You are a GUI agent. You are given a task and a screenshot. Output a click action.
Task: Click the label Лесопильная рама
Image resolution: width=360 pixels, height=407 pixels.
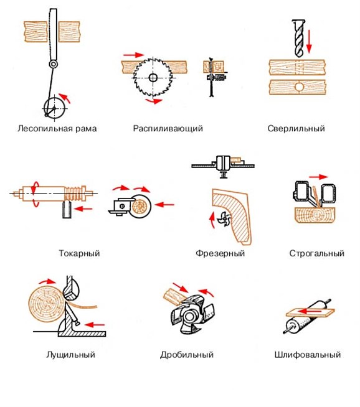tap(57, 128)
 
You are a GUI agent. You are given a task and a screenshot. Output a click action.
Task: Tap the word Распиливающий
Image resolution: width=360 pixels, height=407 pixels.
tap(168, 128)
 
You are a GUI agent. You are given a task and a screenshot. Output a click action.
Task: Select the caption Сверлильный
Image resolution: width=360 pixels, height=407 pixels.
tap(296, 128)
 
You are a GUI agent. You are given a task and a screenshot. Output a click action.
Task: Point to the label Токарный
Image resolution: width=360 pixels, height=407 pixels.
tap(79, 253)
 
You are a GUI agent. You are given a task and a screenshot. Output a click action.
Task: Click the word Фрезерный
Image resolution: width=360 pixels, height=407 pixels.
tap(220, 253)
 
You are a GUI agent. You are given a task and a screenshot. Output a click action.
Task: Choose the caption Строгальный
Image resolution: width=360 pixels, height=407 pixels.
tap(317, 253)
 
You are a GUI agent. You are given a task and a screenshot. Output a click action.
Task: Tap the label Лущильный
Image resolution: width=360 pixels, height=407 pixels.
tap(70, 355)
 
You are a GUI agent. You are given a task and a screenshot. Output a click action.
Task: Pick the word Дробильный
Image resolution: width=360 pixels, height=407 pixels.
tap(187, 355)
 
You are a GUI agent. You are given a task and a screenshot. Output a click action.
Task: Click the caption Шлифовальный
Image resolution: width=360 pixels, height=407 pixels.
tap(308, 355)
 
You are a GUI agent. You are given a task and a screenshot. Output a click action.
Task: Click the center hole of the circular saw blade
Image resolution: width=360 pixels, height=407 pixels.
tap(153, 77)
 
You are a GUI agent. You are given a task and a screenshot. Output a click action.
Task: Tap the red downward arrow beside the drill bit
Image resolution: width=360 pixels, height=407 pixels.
tap(309, 42)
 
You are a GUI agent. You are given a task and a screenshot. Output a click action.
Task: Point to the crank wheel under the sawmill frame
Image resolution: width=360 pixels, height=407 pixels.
tap(54, 108)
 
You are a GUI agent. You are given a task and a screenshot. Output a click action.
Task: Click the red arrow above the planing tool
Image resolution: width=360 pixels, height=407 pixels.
tap(319, 177)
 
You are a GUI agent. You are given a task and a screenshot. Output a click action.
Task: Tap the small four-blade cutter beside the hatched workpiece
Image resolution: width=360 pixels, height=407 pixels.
tap(223, 218)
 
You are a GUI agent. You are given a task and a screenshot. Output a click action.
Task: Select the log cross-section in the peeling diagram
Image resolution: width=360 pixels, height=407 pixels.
tap(47, 304)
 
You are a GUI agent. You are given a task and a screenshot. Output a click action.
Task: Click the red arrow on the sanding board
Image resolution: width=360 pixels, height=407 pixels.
tap(310, 311)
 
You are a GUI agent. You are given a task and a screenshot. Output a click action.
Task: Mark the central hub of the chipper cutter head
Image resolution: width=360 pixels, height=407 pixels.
tap(189, 316)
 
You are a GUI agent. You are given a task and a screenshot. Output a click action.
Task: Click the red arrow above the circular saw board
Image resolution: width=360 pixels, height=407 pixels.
tap(133, 55)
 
